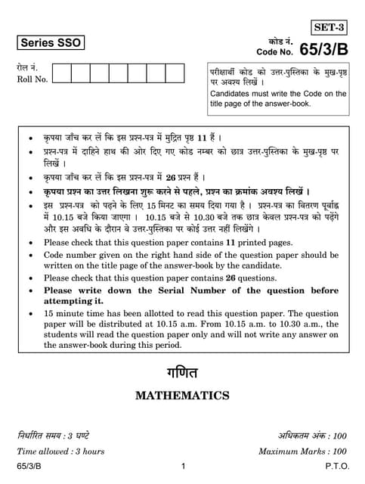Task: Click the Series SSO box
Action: tap(51, 43)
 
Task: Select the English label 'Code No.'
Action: tap(274, 53)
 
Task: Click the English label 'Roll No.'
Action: tap(32, 79)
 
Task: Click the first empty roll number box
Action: tap(62, 73)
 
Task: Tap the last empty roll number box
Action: tap(175, 73)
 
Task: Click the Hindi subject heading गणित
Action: tap(182, 373)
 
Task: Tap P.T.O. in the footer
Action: tap(336, 468)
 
